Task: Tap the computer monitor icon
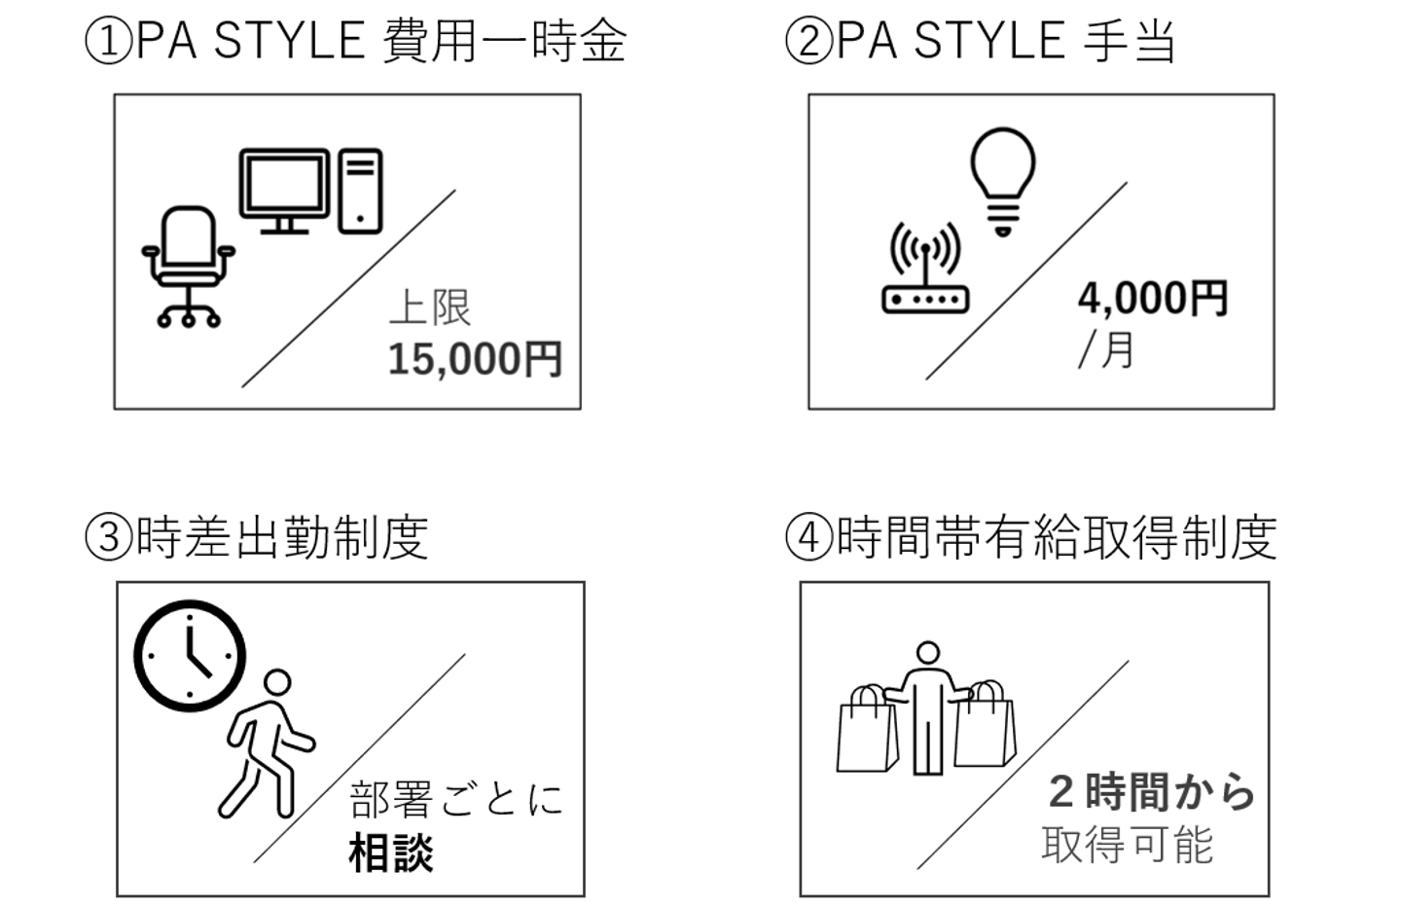coord(284,190)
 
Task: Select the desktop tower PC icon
coord(360,191)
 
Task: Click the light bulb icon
coord(1003,182)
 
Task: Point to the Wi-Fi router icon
coord(925,268)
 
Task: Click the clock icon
coord(190,656)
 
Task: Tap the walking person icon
coord(266,744)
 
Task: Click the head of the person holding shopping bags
coord(927,653)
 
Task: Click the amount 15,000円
coord(476,360)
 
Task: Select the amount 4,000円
coord(1153,299)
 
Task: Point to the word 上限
coord(430,308)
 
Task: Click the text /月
coord(1106,349)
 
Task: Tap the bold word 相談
coord(391,853)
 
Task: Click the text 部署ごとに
coord(456,799)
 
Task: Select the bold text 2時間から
coord(1152,792)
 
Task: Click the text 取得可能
coord(1127,845)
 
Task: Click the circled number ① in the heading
coord(109,41)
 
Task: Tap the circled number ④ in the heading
coord(809,537)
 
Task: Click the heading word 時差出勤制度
coord(282,537)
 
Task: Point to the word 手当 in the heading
coord(1129,41)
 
